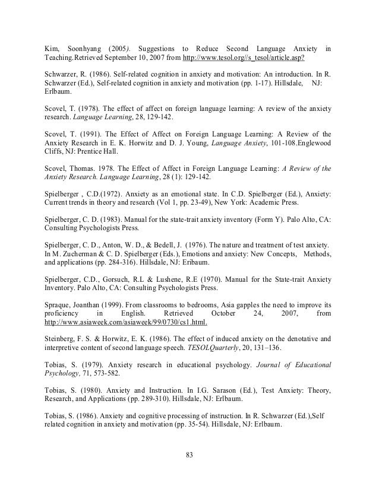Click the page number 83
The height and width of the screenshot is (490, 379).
click(x=190, y=456)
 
